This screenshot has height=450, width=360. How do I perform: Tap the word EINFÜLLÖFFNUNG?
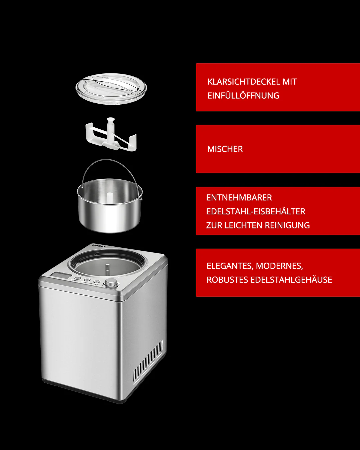(x=243, y=96)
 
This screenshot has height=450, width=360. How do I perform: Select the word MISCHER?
(x=225, y=149)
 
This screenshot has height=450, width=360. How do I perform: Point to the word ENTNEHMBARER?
(x=239, y=198)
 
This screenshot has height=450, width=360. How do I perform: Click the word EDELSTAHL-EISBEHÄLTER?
(x=256, y=211)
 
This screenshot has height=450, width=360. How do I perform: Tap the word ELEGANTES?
(x=230, y=266)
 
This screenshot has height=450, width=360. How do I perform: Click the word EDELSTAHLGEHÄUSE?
(x=291, y=280)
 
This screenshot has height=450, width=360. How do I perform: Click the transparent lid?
(x=111, y=89)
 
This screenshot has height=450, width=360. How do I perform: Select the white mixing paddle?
(x=111, y=135)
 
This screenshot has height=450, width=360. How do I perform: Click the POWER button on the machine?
(x=78, y=278)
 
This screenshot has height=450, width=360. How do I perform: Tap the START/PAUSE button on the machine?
(x=96, y=282)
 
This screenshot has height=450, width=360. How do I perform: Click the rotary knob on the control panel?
(x=112, y=283)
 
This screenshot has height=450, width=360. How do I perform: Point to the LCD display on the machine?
(x=60, y=275)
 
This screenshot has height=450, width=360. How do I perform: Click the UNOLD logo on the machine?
(x=99, y=246)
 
